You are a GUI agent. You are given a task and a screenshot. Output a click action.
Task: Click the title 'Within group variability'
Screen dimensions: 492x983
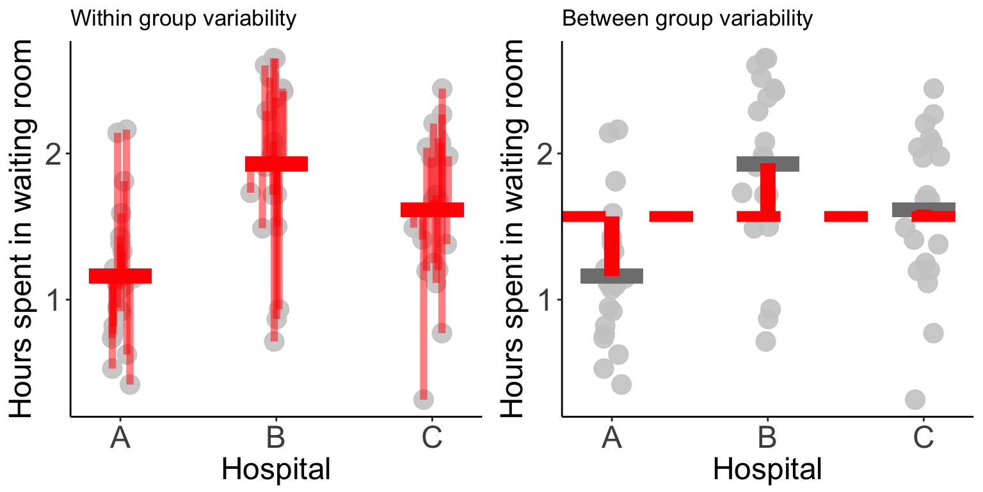click(x=183, y=19)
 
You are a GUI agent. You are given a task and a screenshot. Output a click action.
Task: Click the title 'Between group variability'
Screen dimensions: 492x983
click(x=687, y=19)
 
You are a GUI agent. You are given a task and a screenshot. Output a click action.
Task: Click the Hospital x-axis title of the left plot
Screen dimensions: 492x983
click(x=276, y=470)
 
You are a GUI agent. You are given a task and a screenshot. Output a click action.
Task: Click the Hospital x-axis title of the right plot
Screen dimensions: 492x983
click(x=767, y=470)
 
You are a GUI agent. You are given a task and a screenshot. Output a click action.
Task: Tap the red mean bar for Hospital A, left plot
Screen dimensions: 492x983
click(x=120, y=276)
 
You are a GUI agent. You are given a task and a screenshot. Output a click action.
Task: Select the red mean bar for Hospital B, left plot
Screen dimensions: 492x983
click(x=276, y=164)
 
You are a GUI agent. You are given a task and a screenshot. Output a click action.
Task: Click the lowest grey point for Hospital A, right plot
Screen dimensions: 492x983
click(x=621, y=384)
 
